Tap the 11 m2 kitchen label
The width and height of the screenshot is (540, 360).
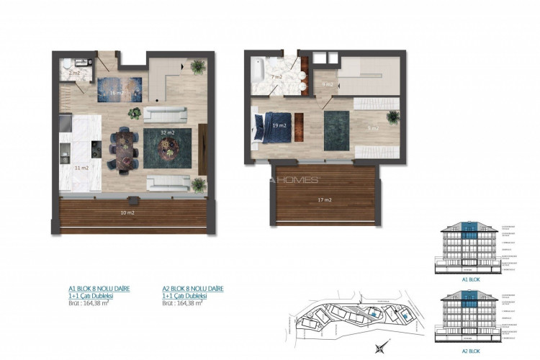[81, 168]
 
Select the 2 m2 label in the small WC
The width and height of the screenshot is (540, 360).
[74, 73]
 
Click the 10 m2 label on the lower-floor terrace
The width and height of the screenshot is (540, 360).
[127, 213]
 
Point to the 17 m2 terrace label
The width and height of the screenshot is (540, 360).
[325, 199]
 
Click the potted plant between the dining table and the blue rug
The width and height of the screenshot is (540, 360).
[135, 112]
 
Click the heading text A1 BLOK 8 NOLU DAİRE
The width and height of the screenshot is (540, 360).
[99, 289]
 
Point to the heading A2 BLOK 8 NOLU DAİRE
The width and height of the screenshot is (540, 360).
[193, 289]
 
